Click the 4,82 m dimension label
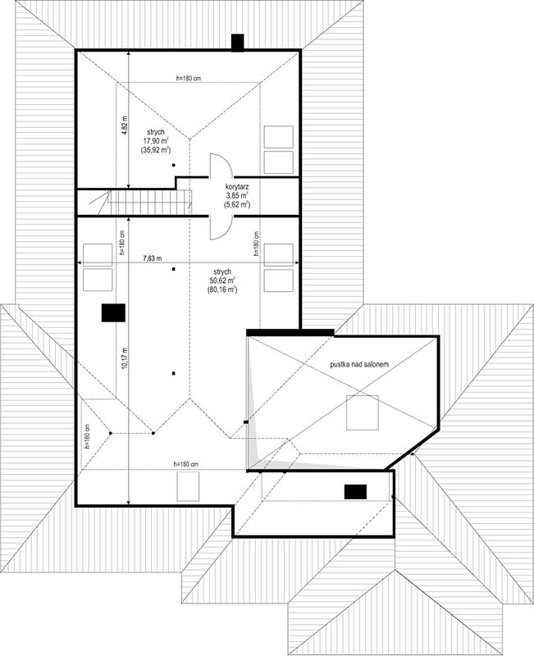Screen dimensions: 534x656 (x=125, y=125)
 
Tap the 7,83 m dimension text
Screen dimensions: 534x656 (x=152, y=258)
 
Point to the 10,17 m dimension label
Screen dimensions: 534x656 (x=125, y=358)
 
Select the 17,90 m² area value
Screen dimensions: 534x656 (x=156, y=141)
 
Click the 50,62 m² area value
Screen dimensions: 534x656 (x=221, y=280)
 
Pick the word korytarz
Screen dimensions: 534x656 (x=237, y=187)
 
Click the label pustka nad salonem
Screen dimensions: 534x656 (x=359, y=364)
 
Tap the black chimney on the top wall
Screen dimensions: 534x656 (x=238, y=43)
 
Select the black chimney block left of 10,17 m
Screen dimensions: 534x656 (x=113, y=313)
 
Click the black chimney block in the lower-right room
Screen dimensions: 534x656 (x=355, y=491)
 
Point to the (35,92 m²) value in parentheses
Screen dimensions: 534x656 (x=156, y=150)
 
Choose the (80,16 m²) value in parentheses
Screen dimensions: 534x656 (x=221, y=289)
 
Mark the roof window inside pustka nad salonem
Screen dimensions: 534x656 (x=363, y=412)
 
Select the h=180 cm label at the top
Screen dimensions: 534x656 (x=189, y=78)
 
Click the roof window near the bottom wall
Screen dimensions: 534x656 (x=188, y=485)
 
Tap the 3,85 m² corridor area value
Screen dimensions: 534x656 (x=237, y=195)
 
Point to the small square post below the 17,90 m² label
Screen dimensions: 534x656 (x=173, y=166)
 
